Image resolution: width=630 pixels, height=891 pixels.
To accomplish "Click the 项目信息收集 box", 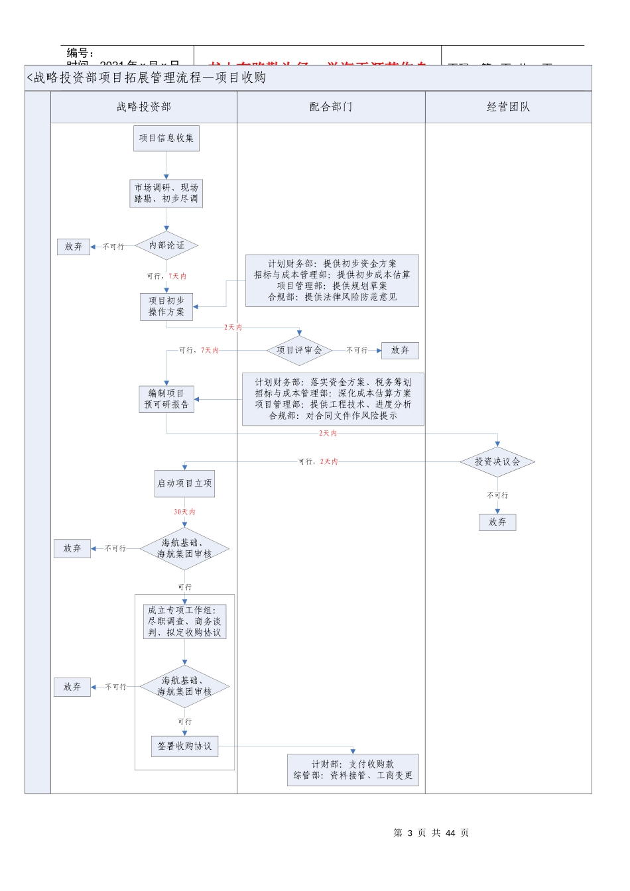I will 166,139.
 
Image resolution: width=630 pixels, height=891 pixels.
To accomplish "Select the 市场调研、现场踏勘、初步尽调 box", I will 166,194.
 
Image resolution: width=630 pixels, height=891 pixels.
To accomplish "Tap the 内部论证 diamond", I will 166,246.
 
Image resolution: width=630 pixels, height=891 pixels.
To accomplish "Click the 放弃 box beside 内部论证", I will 74,247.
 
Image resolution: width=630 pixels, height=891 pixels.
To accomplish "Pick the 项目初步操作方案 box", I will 166,307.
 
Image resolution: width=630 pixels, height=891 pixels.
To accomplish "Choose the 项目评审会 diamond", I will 299,351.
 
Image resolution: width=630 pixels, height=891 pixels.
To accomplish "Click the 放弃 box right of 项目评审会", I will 400,351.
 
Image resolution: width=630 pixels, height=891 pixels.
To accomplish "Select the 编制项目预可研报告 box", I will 166,399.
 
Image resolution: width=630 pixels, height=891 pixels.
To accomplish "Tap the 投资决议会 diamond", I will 497,462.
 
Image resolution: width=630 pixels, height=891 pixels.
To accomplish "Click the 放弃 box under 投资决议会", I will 497,522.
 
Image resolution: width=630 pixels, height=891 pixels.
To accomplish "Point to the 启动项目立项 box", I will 184,484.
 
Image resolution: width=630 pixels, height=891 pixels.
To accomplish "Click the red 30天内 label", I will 184,512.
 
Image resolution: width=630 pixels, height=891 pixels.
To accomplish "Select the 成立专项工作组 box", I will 184,622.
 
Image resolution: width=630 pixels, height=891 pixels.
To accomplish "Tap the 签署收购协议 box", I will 184,746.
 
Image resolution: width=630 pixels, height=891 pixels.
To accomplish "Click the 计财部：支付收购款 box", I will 353,770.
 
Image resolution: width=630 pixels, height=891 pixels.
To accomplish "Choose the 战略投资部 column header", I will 144,107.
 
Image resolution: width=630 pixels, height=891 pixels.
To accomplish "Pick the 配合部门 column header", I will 331,107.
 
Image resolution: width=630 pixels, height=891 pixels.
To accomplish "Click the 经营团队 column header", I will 509,107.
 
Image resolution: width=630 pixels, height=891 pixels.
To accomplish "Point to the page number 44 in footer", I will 451,833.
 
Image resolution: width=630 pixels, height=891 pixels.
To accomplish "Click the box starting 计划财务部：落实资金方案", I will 333,399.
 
